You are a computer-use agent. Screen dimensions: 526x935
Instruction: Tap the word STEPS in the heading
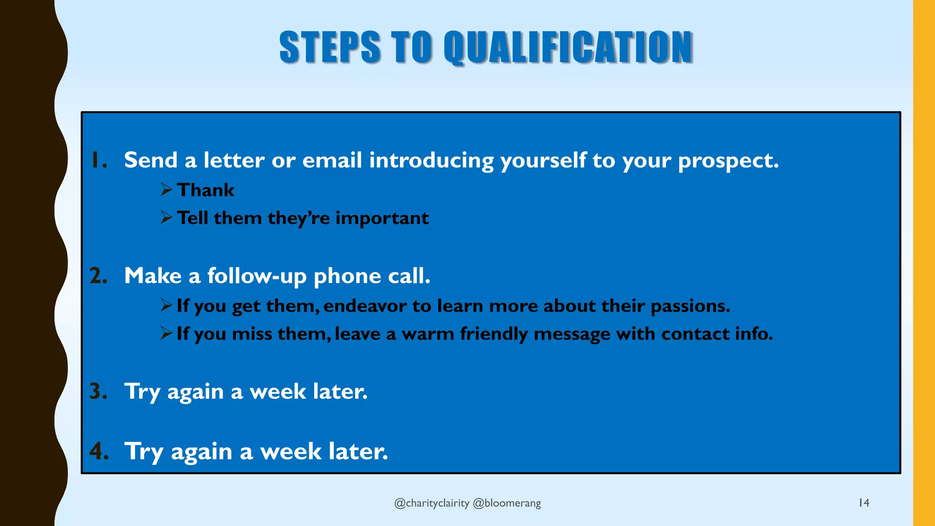pyautogui.click(x=330, y=47)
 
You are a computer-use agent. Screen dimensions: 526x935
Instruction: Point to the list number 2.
pyautogui.click(x=98, y=276)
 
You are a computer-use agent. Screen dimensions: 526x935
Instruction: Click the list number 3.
pyautogui.click(x=98, y=391)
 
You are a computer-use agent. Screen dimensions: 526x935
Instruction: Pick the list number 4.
pyautogui.click(x=99, y=451)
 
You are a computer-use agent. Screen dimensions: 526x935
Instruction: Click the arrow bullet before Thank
pyautogui.click(x=166, y=189)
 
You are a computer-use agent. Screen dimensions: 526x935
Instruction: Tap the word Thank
pyautogui.click(x=205, y=190)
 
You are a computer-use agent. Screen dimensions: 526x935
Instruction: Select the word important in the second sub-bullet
pyautogui.click(x=382, y=218)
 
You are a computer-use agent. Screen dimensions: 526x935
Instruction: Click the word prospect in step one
pyautogui.click(x=728, y=161)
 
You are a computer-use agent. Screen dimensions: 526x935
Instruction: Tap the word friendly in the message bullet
pyautogui.click(x=494, y=334)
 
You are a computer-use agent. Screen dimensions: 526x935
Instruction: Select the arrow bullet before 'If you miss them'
pyautogui.click(x=166, y=333)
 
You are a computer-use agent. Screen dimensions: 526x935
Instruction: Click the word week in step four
pyautogui.click(x=290, y=452)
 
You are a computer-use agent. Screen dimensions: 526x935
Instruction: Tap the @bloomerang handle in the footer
pyautogui.click(x=507, y=503)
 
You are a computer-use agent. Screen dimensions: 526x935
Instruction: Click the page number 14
pyautogui.click(x=864, y=503)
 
